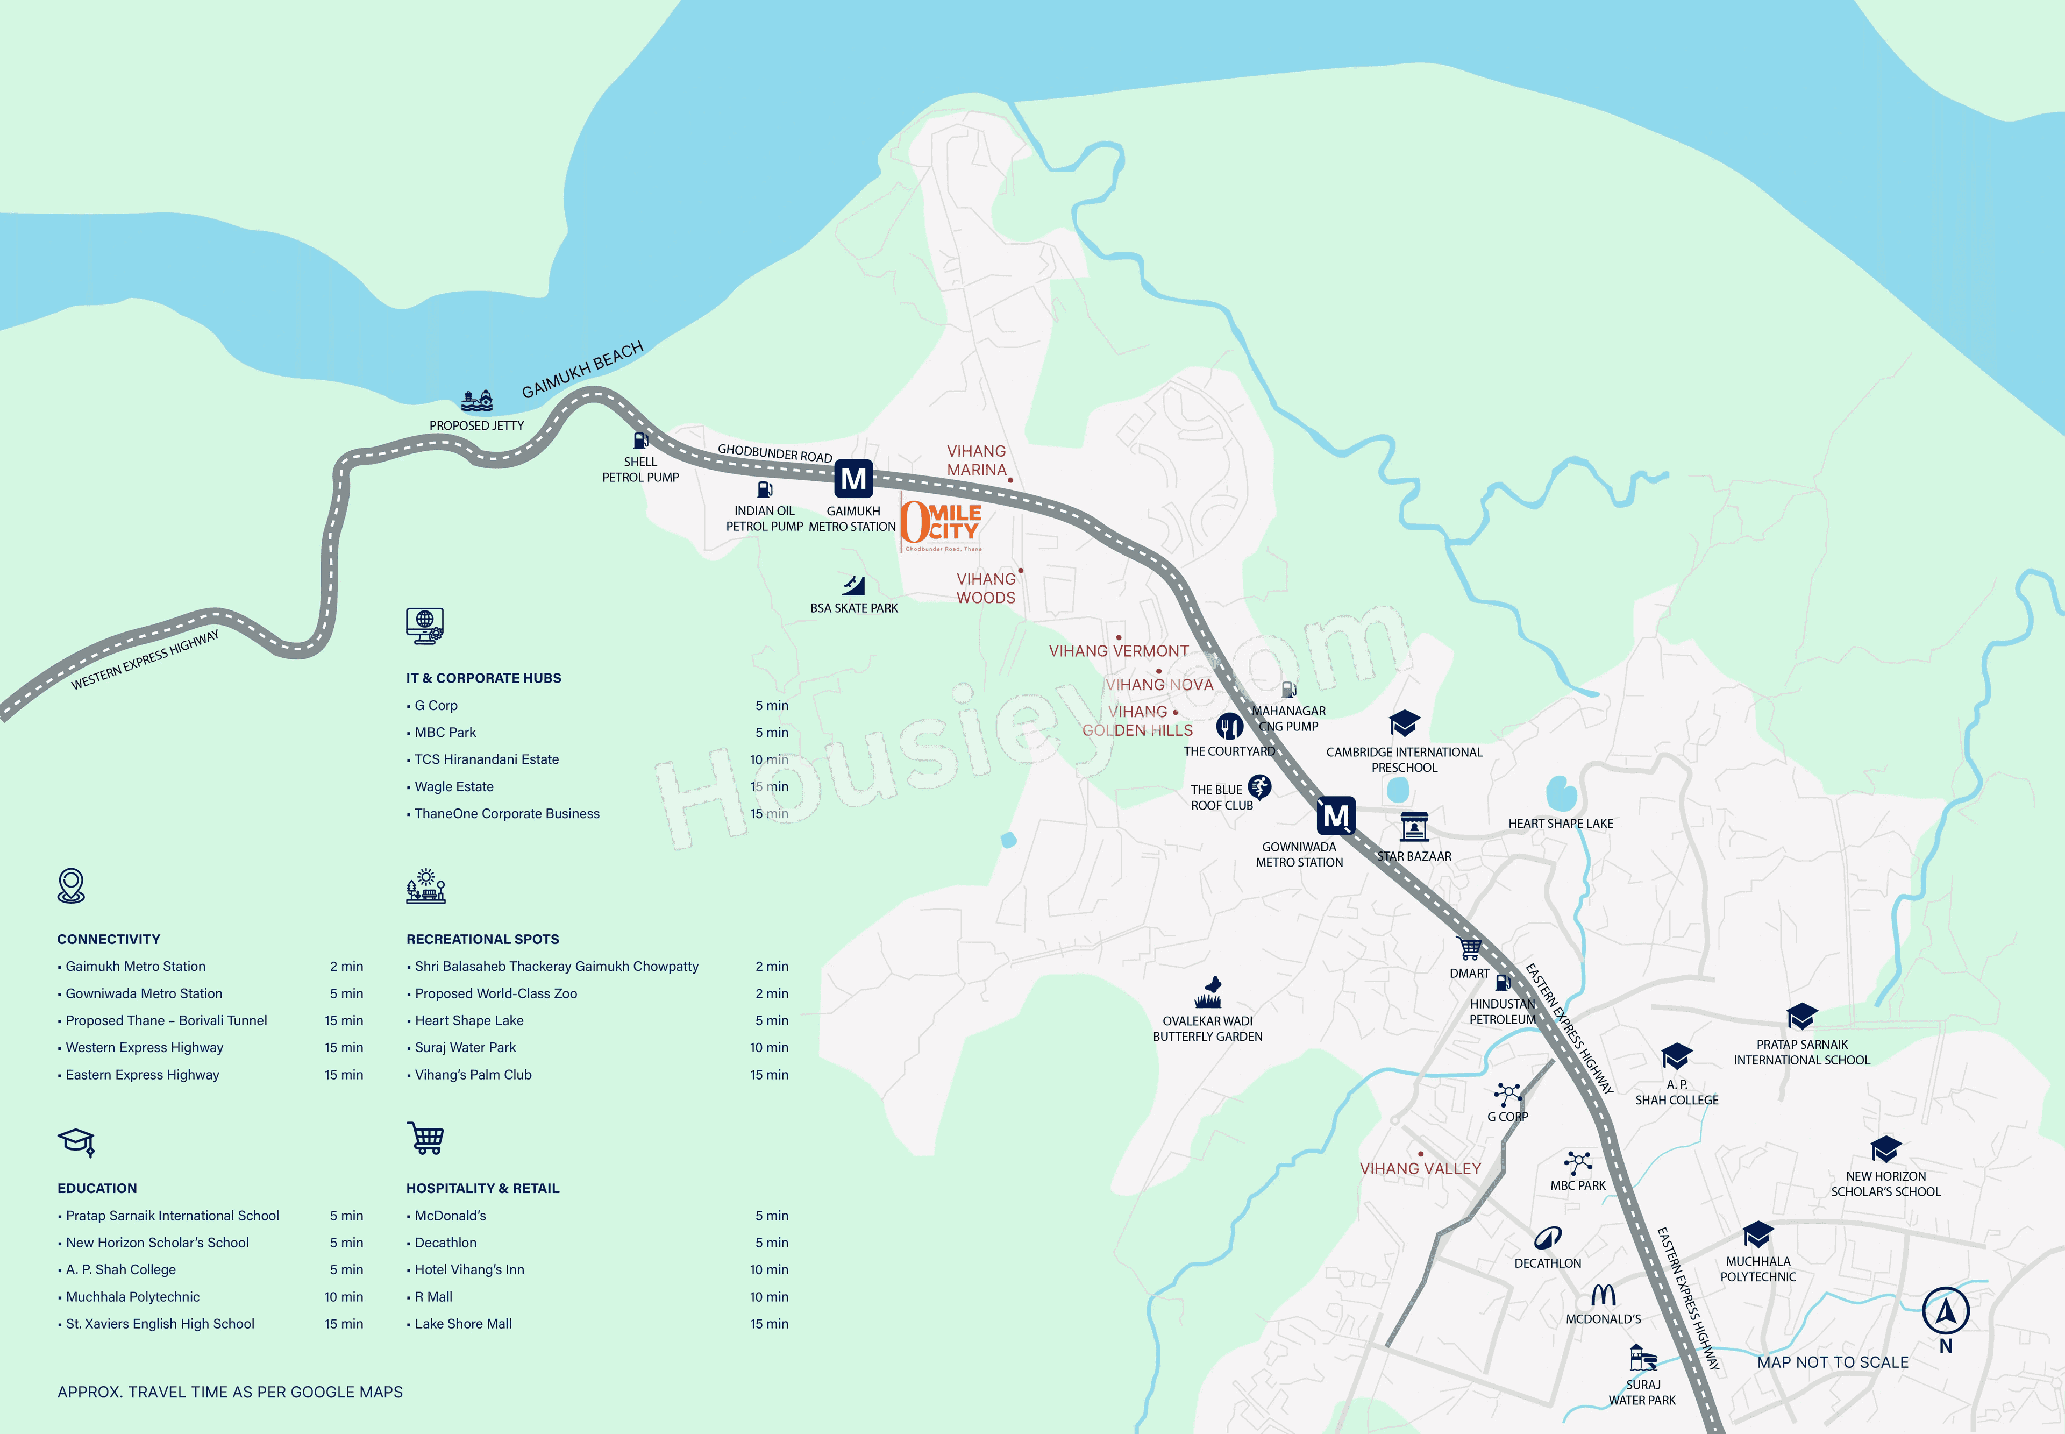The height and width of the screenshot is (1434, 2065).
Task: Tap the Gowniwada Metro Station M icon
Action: pyautogui.click(x=1336, y=816)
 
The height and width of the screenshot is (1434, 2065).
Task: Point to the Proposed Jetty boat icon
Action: pyautogui.click(x=477, y=400)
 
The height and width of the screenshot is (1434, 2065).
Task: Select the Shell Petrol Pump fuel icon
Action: pyautogui.click(x=640, y=441)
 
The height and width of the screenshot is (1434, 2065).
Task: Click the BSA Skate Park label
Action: pyautogui.click(x=854, y=608)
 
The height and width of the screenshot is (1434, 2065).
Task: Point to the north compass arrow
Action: pyautogui.click(x=1946, y=1312)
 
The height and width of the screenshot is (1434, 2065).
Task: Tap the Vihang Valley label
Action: pyautogui.click(x=1420, y=1169)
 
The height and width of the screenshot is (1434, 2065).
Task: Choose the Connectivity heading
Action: pyautogui.click(x=109, y=939)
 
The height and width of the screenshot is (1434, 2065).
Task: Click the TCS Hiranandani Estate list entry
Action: pyautogui.click(x=486, y=759)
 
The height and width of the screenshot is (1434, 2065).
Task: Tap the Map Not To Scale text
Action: pyautogui.click(x=1832, y=1362)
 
